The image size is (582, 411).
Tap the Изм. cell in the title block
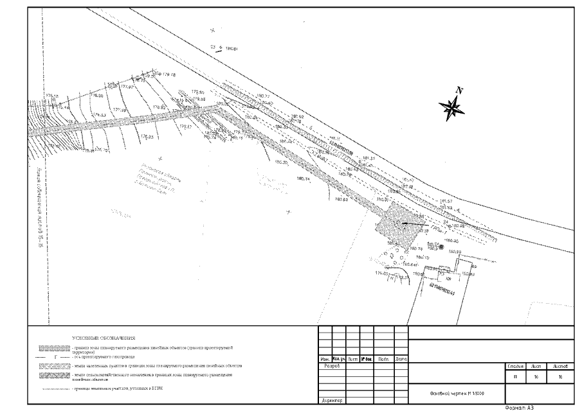click(x=325, y=359)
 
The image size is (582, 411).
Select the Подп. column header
click(x=383, y=359)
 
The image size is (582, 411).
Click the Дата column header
click(x=400, y=359)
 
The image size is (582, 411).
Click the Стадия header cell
click(x=516, y=366)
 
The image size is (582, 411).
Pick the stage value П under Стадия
click(x=516, y=377)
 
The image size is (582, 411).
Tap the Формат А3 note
click(x=520, y=407)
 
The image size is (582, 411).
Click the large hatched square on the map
click(x=396, y=223)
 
